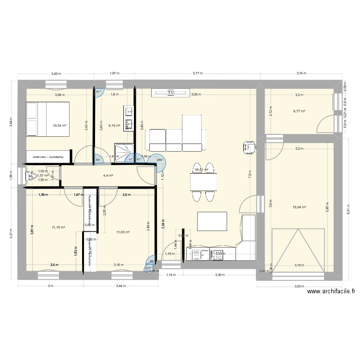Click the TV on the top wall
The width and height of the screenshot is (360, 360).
pos(170,93)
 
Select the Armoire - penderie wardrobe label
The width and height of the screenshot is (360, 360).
pos(48,157)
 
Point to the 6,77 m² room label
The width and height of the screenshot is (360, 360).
pos(300,111)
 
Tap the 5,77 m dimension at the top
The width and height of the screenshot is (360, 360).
pos(198,73)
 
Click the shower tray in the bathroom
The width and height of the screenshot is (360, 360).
pos(124,152)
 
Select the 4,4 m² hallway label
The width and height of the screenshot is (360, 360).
pos(108,175)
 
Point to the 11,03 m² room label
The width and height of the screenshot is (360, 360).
pos(123,232)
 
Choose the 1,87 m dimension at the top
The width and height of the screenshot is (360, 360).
pos(114,73)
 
